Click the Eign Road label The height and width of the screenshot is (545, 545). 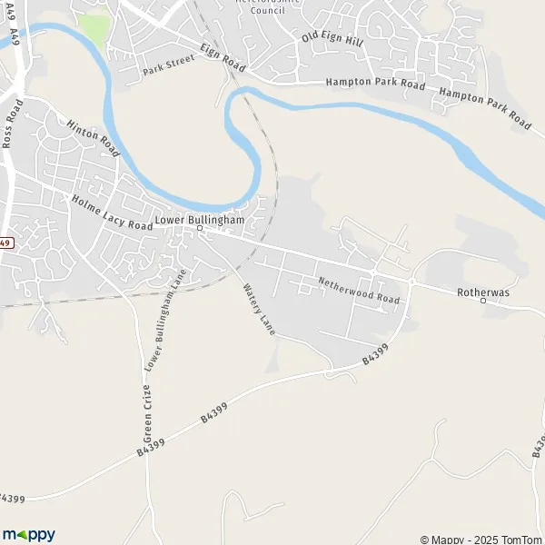pos(223,55)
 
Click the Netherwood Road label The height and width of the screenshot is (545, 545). pos(358,291)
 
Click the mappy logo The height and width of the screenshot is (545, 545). pos(29,534)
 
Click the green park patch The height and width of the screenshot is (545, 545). pos(92,27)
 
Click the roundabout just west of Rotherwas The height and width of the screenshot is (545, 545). pos(411,282)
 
